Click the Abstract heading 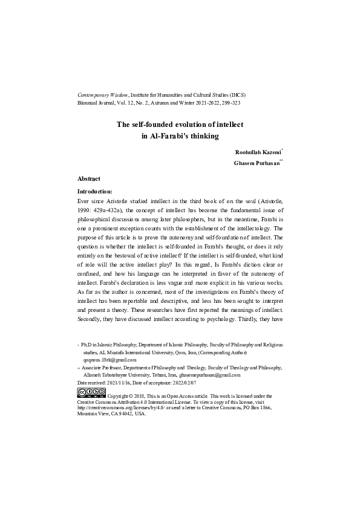tap(89, 179)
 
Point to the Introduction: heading tap(96, 191)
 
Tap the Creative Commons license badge tap(91, 392)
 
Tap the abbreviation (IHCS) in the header tap(237, 96)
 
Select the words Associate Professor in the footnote tap(102, 368)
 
